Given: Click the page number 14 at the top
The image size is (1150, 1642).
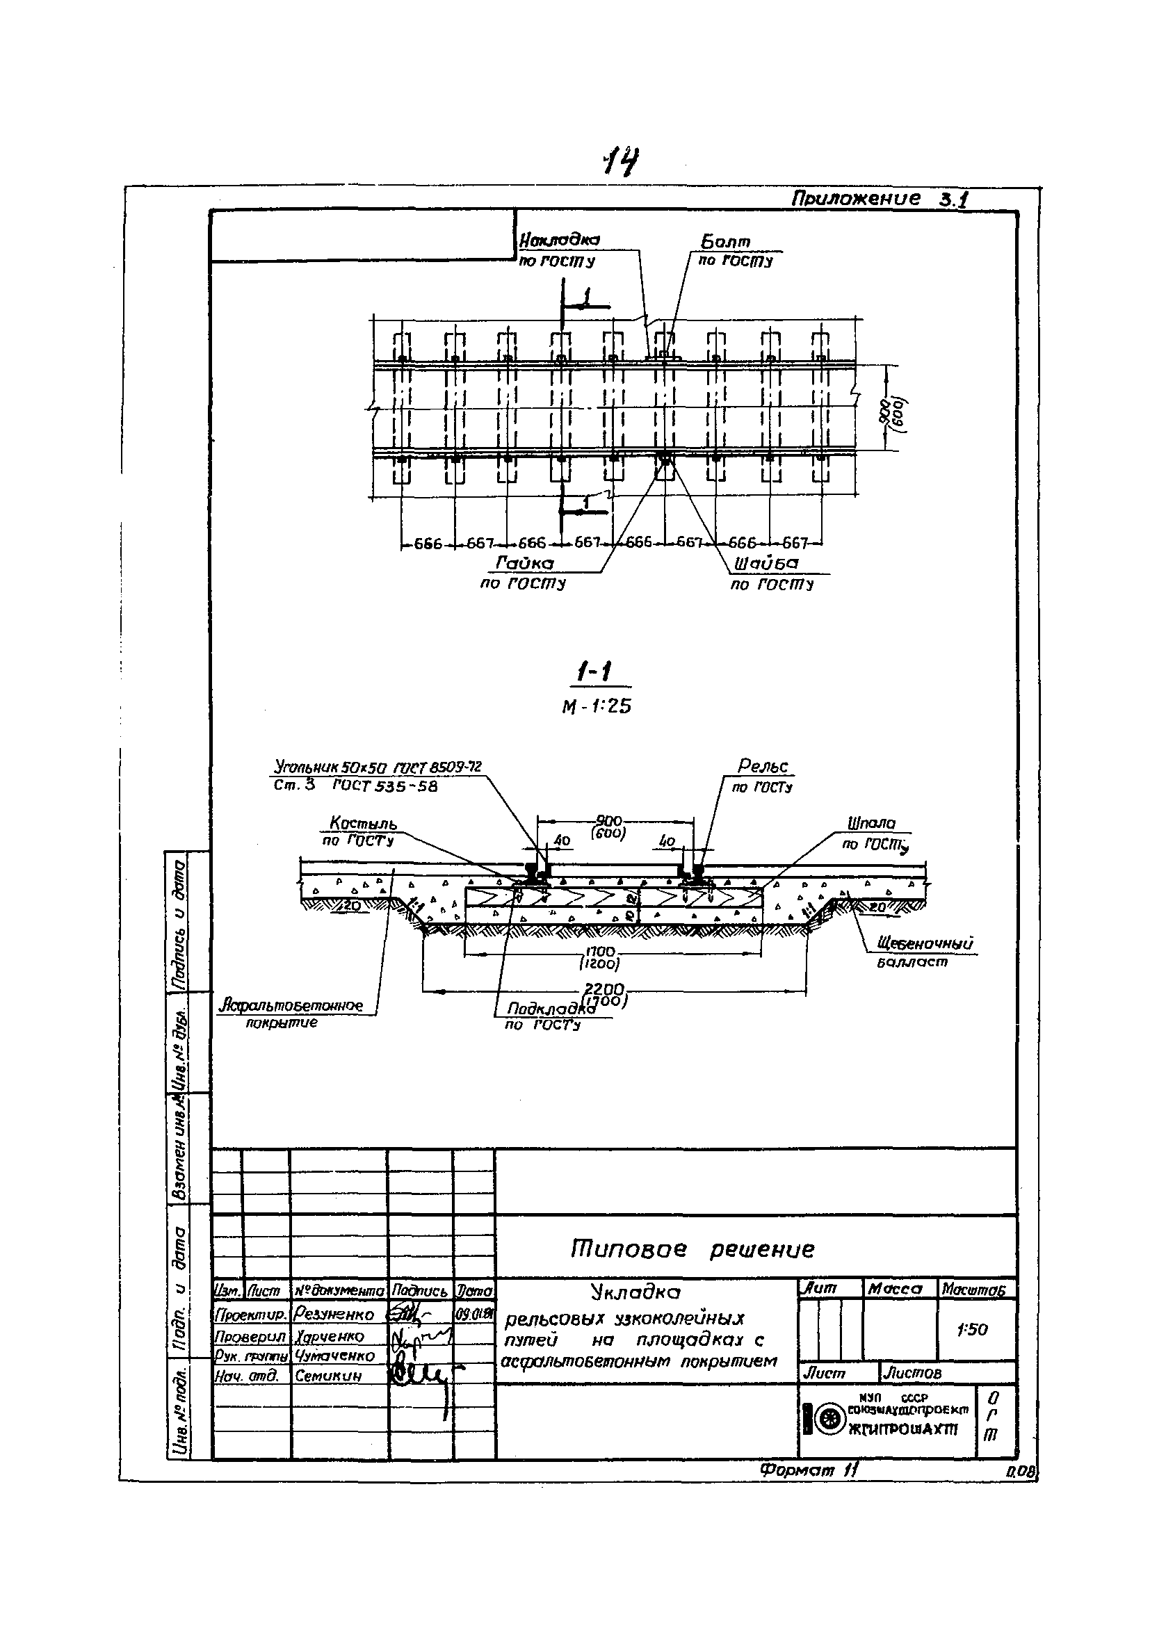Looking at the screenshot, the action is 622,161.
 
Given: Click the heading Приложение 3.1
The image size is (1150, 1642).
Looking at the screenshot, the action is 879,199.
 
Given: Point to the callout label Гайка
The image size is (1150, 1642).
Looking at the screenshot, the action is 524,564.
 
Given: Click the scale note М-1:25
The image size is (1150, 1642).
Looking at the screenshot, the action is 597,706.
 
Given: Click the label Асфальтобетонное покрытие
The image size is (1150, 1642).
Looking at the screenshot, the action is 292,1006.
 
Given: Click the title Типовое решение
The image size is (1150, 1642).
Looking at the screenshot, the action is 692,1249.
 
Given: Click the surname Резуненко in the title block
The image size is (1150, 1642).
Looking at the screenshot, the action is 333,1315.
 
